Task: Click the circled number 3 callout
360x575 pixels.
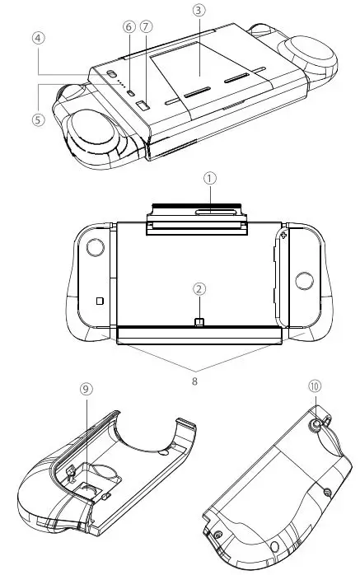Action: pos(198,10)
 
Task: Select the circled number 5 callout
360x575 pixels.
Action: pos(37,118)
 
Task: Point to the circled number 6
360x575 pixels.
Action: pos(129,27)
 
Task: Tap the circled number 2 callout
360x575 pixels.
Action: pos(199,288)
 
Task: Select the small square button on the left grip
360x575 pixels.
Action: pos(100,301)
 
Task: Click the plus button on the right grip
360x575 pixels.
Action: pos(284,236)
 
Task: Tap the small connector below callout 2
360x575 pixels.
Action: pos(199,320)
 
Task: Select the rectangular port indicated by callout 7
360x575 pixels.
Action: pos(141,106)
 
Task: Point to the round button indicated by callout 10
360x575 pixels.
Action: pos(317,427)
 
